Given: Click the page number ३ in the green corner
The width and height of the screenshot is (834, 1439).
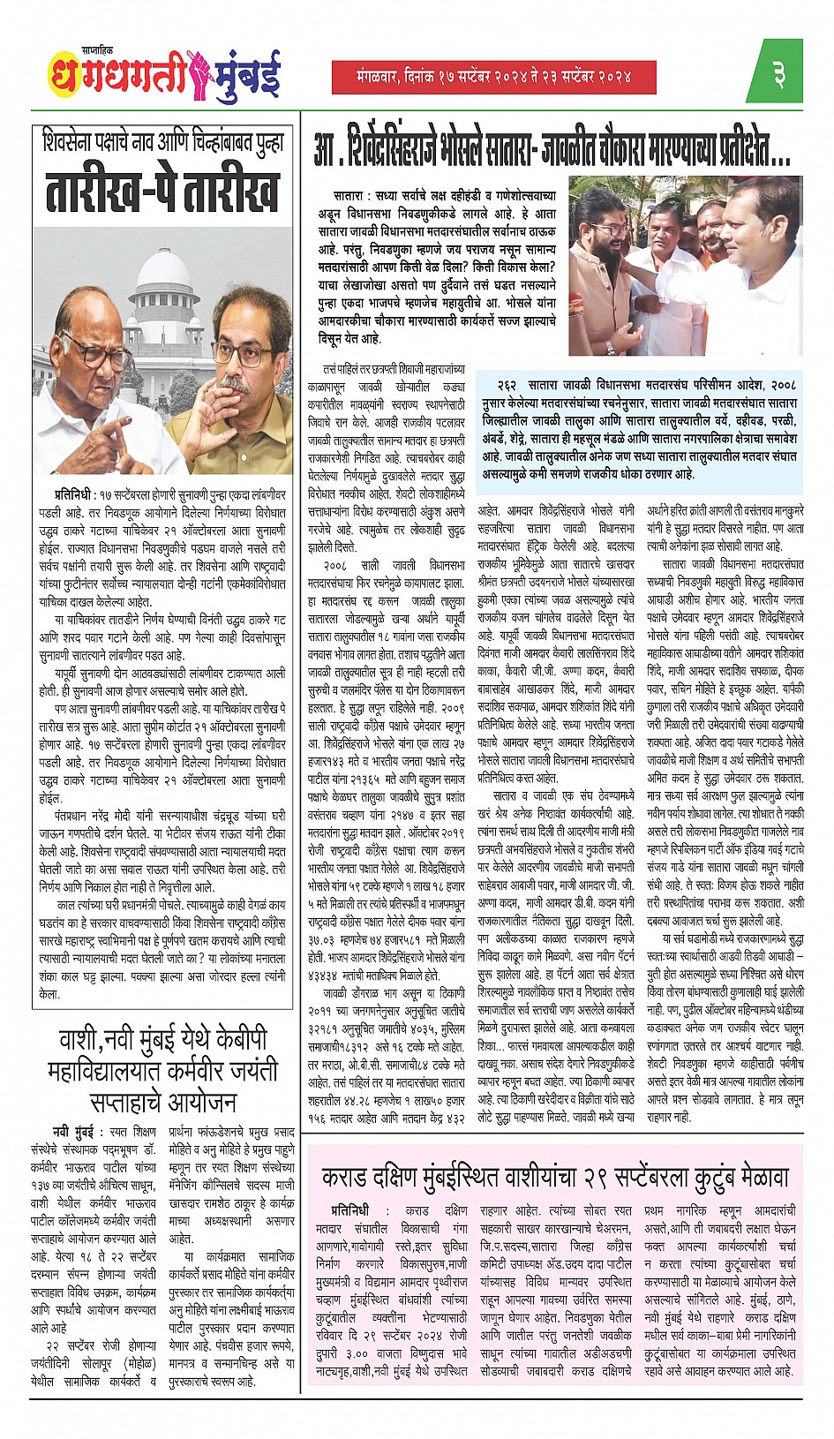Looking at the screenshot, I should tap(779, 74).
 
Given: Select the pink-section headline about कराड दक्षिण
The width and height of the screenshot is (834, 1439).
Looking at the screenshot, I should tap(554, 1177).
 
